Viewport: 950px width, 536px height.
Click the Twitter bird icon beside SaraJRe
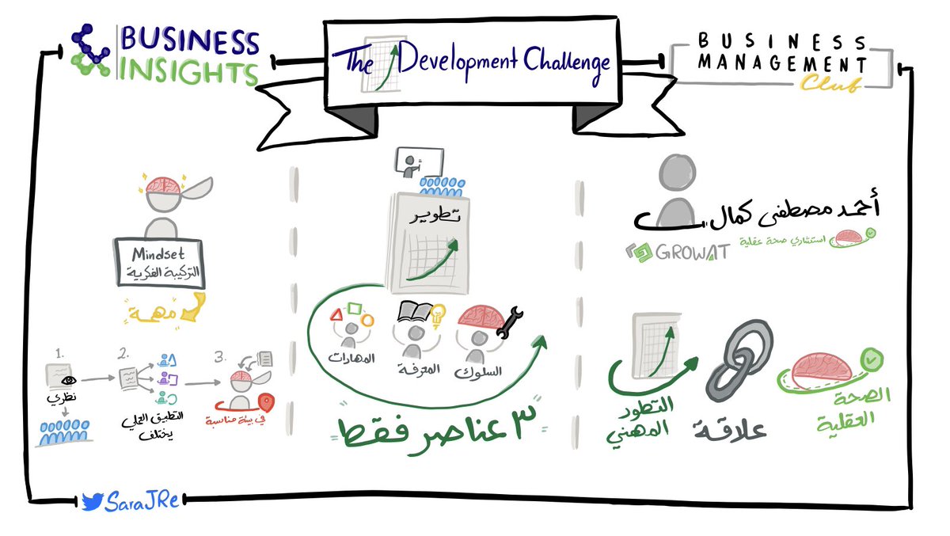(92, 500)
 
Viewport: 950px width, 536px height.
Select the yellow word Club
(829, 83)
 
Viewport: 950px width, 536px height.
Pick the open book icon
(413, 312)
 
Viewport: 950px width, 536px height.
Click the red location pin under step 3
(265, 402)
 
